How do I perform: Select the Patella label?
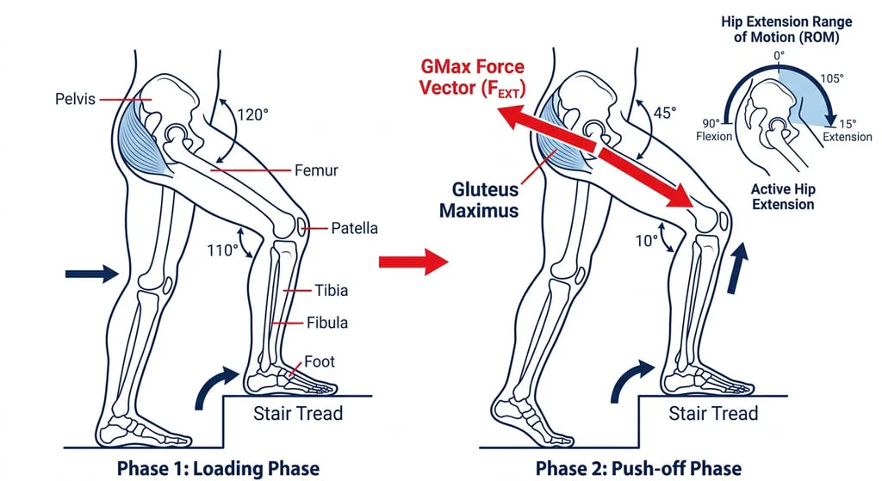pyautogui.click(x=354, y=228)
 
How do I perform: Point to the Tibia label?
pyautogui.click(x=331, y=291)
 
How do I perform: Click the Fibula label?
pyautogui.click(x=327, y=323)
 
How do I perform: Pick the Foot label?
pyautogui.click(x=320, y=362)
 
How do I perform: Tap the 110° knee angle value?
pyautogui.click(x=222, y=250)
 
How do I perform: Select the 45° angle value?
pyautogui.click(x=663, y=113)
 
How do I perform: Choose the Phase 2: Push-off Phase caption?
pyautogui.click(x=638, y=469)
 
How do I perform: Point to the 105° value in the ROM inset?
pyautogui.click(x=831, y=78)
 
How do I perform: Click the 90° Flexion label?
pyautogui.click(x=714, y=129)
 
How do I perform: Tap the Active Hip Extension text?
pyautogui.click(x=782, y=196)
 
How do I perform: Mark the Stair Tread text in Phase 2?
pyautogui.click(x=713, y=414)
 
